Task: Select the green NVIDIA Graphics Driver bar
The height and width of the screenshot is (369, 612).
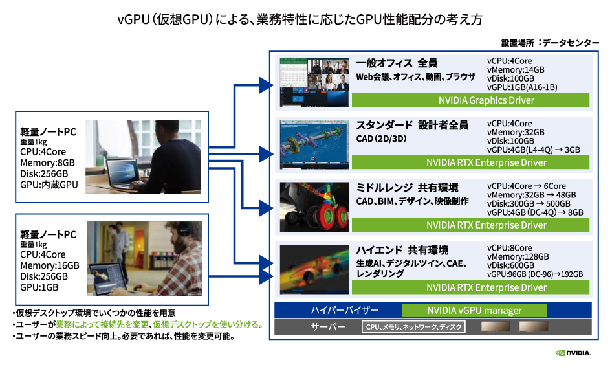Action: [470, 100]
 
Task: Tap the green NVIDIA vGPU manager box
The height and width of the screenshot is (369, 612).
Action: [474, 310]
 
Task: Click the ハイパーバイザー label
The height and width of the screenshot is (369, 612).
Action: [344, 310]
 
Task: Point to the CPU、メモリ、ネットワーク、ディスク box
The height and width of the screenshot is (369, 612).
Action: [413, 328]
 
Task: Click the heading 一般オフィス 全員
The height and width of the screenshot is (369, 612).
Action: [397, 63]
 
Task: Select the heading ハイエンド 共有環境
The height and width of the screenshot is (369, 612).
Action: [402, 250]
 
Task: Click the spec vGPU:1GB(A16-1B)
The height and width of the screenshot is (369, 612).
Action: [522, 87]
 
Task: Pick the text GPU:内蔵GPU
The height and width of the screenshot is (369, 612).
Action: [49, 184]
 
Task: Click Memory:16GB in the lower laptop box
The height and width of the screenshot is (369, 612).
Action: [50, 266]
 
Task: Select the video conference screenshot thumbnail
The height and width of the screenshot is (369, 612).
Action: [313, 82]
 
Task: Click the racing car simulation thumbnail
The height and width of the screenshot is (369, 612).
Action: [314, 269]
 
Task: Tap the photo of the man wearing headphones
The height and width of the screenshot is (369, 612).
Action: [144, 257]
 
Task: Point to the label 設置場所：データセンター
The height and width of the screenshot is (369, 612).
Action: [550, 42]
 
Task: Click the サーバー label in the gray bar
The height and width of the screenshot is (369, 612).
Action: [328, 328]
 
